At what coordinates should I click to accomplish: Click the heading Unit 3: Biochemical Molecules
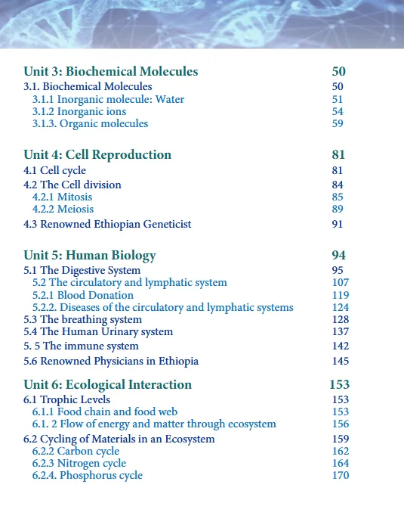pyautogui.click(x=110, y=72)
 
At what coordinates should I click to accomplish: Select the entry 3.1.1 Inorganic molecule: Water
pyautogui.click(x=108, y=99)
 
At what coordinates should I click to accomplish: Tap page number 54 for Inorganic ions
pyautogui.click(x=338, y=111)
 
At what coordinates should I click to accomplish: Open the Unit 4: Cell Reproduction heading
pyautogui.click(x=97, y=155)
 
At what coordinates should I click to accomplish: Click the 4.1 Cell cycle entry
pyautogui.click(x=54, y=171)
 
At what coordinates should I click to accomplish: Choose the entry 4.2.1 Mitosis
pyautogui.click(x=63, y=197)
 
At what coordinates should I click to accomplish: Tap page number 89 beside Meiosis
pyautogui.click(x=338, y=209)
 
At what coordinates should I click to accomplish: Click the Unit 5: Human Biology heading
pyautogui.click(x=90, y=255)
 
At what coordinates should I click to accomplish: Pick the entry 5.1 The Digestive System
pyautogui.click(x=82, y=270)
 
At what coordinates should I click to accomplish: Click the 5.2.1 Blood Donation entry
pyautogui.click(x=83, y=295)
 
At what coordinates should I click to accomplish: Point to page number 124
pyautogui.click(x=341, y=307)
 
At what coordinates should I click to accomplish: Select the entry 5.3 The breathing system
pyautogui.click(x=82, y=319)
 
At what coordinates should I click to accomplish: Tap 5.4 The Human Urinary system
pyautogui.click(x=98, y=331)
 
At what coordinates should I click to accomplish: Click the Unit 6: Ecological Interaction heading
pyautogui.click(x=107, y=384)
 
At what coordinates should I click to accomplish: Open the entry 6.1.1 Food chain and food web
pyautogui.click(x=105, y=411)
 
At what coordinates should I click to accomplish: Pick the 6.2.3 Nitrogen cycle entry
pyautogui.click(x=79, y=463)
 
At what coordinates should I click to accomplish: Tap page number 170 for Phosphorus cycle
pyautogui.click(x=341, y=475)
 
